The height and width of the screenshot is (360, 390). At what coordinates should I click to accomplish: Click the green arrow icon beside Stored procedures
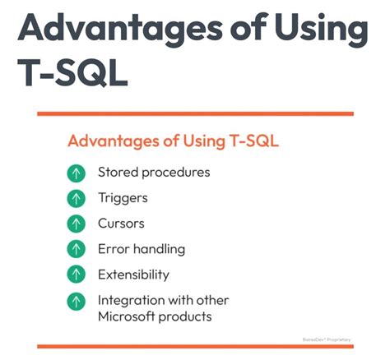pyautogui.click(x=77, y=173)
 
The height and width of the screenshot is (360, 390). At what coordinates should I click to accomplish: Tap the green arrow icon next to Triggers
pyautogui.click(x=77, y=198)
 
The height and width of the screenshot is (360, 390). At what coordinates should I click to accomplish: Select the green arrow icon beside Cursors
pyautogui.click(x=77, y=224)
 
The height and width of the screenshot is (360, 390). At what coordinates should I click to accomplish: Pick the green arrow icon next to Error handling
pyautogui.click(x=77, y=248)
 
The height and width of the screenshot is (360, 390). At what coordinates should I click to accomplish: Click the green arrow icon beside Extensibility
pyautogui.click(x=77, y=274)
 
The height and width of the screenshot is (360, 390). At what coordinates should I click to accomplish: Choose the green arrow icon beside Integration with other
pyautogui.click(x=77, y=301)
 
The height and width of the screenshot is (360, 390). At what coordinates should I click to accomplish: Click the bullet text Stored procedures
pyautogui.click(x=154, y=173)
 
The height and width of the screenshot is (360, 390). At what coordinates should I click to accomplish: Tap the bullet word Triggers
pyautogui.click(x=123, y=198)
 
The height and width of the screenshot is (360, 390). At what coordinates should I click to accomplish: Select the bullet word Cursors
pyautogui.click(x=123, y=224)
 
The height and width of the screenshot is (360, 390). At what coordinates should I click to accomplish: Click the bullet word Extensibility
pyautogui.click(x=133, y=274)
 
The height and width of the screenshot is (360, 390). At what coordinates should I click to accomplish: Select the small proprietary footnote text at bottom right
pyautogui.click(x=329, y=338)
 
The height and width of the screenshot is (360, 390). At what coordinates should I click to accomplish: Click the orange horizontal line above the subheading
pyautogui.click(x=195, y=113)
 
